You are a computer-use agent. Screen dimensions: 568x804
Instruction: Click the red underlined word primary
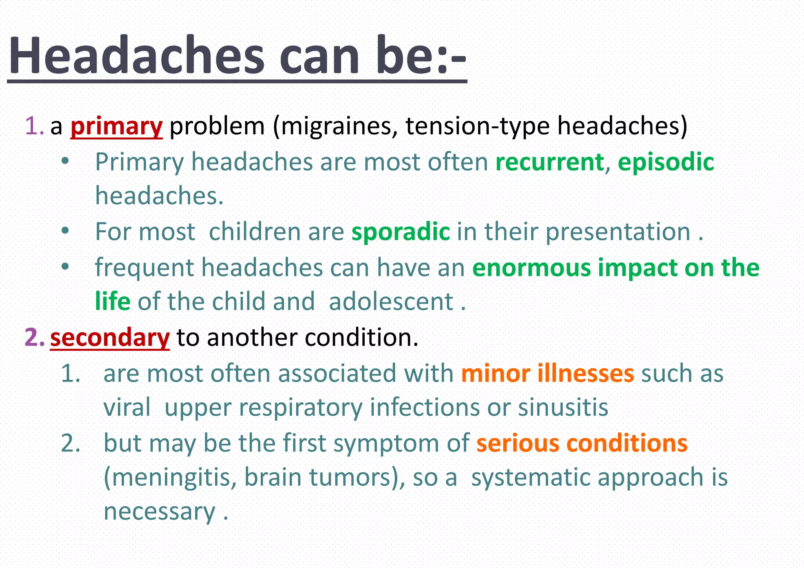pyautogui.click(x=116, y=126)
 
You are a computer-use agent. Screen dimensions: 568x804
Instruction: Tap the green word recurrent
pyautogui.click(x=550, y=162)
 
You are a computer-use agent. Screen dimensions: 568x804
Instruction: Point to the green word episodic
pyautogui.click(x=666, y=162)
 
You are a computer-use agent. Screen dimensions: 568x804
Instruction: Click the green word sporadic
pyautogui.click(x=400, y=232)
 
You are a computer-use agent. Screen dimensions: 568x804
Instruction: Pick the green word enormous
pyautogui.click(x=532, y=268)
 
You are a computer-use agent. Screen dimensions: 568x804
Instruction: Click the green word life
pyautogui.click(x=113, y=301)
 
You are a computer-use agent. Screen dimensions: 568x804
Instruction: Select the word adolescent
pyautogui.click(x=391, y=301)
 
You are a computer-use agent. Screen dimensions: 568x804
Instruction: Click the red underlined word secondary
pyautogui.click(x=110, y=338)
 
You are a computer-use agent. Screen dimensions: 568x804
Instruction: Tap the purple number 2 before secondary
pyautogui.click(x=32, y=338)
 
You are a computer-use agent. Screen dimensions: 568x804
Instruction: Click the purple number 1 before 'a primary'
pyautogui.click(x=32, y=126)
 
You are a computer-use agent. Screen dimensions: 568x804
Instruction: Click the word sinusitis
pyautogui.click(x=563, y=407)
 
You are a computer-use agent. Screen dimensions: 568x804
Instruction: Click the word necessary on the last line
pyautogui.click(x=159, y=511)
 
